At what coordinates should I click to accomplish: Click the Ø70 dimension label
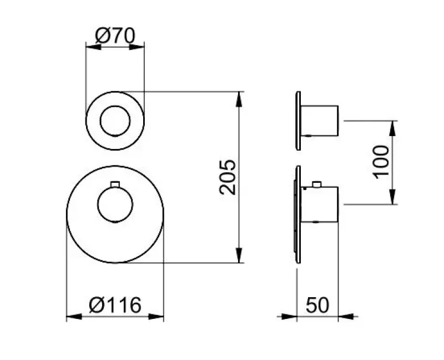(115, 36)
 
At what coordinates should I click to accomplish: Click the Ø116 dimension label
(115, 304)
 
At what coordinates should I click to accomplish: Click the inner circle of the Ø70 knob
(115, 120)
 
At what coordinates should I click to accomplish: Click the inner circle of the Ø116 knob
(115, 204)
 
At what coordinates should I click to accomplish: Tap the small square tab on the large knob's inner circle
(115, 184)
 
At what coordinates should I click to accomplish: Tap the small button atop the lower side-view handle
(317, 184)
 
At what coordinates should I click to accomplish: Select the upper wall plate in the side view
(298, 120)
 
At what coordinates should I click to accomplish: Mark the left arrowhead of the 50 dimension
(288, 317)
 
